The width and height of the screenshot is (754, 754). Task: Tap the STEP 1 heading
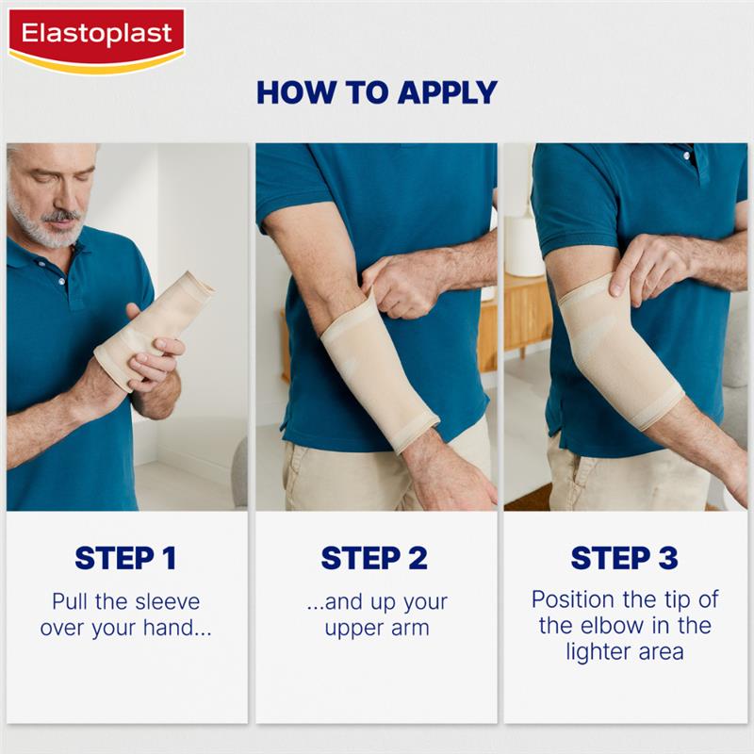click(125, 558)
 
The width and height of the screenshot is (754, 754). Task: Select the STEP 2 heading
click(374, 558)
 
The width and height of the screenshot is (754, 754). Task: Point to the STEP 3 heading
click(624, 558)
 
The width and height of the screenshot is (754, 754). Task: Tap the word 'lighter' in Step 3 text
click(600, 651)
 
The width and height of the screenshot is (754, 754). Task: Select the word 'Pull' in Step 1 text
click(71, 602)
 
